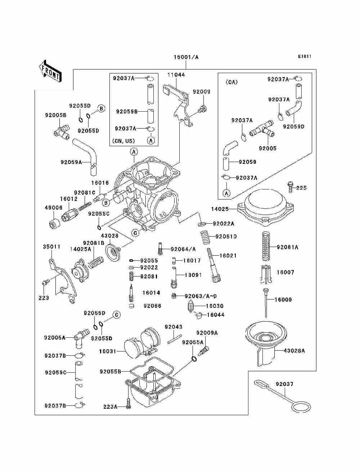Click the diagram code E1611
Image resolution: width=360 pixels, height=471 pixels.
[305, 57]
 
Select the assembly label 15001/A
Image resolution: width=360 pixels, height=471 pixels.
[186, 57]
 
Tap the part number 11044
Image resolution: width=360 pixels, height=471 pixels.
[176, 75]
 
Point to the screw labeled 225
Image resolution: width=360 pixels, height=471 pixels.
[290, 187]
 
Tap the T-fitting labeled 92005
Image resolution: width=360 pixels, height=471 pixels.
[262, 129]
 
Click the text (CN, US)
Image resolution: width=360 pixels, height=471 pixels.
[123, 141]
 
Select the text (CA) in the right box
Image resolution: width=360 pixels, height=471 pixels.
[231, 82]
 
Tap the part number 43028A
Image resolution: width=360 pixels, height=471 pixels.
[294, 351]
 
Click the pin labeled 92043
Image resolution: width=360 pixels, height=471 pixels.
[175, 339]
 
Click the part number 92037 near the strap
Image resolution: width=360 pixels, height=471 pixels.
[284, 384]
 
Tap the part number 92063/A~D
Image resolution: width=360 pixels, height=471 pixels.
[201, 296]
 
